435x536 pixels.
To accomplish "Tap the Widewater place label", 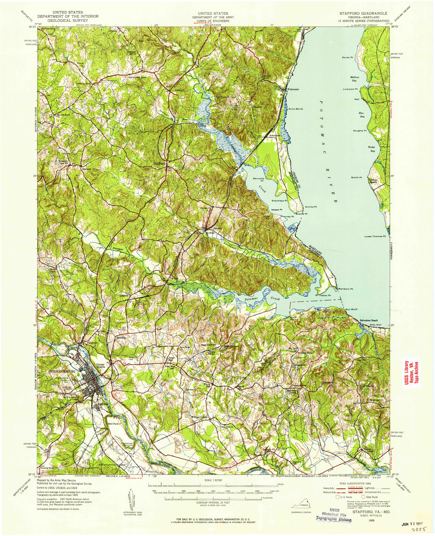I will [293, 89].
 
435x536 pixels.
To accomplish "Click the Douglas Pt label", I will [360, 131].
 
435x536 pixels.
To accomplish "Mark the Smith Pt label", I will [356, 178].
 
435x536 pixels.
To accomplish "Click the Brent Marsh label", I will [296, 109].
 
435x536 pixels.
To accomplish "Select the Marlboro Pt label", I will [346, 289].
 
